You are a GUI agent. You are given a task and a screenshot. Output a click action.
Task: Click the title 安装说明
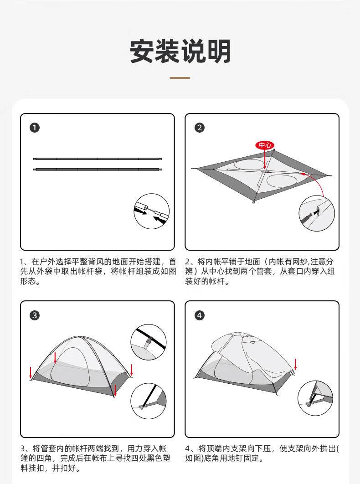pos(180,51)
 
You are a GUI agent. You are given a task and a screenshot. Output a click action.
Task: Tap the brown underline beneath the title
pos(180,78)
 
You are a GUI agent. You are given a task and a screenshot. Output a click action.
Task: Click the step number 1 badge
pos(35,128)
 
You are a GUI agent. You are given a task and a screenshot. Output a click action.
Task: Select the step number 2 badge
pos(200,128)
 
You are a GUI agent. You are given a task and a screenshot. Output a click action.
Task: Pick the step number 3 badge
pos(35,315)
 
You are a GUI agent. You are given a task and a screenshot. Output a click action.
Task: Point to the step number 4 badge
pos(200,315)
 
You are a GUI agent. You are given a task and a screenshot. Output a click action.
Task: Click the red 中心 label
pos(265,145)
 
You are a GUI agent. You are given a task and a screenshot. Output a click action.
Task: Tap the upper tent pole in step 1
pos(97,159)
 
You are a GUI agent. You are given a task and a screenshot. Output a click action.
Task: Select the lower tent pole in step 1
pos(97,169)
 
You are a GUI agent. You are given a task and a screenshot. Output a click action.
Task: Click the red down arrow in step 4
pos(295,364)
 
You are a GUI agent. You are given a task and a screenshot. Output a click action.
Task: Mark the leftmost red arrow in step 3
pos(31,372)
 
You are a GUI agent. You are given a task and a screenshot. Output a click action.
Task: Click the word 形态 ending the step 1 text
pos(28,281)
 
